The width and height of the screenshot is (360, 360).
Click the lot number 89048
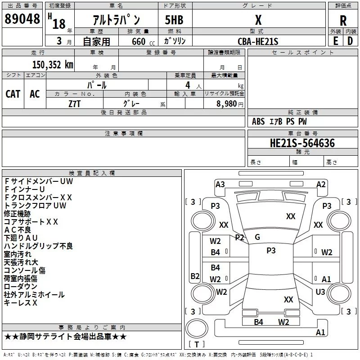[x=22, y=19]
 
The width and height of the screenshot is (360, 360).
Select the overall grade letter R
[x=343, y=21]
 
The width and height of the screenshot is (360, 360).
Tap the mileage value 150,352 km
[x=53, y=65]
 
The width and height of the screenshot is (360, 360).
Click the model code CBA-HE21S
[x=258, y=41]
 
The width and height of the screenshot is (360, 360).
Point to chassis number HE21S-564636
[x=302, y=143]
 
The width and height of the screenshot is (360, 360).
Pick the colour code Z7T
[x=75, y=104]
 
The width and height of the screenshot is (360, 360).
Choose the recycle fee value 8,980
[x=226, y=104]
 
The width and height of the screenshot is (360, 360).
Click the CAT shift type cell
[x=13, y=94]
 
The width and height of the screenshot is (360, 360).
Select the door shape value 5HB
[x=174, y=20]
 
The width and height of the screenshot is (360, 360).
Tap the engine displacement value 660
[x=139, y=42]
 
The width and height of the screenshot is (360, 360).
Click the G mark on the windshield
[x=257, y=237]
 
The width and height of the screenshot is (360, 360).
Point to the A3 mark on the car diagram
[x=220, y=184]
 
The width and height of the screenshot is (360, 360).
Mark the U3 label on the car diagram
[x=320, y=292]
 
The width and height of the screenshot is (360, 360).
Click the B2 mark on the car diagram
[x=195, y=276]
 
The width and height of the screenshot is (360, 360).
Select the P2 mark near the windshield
[x=239, y=238]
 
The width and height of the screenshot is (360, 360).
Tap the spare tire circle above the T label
[x=197, y=329]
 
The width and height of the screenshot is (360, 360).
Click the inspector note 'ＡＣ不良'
[x=18, y=230]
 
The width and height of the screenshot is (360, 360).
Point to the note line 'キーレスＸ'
[x=20, y=303]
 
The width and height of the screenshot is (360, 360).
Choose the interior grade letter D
[x=350, y=41]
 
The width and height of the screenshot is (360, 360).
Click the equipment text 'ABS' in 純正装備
[x=258, y=121]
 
